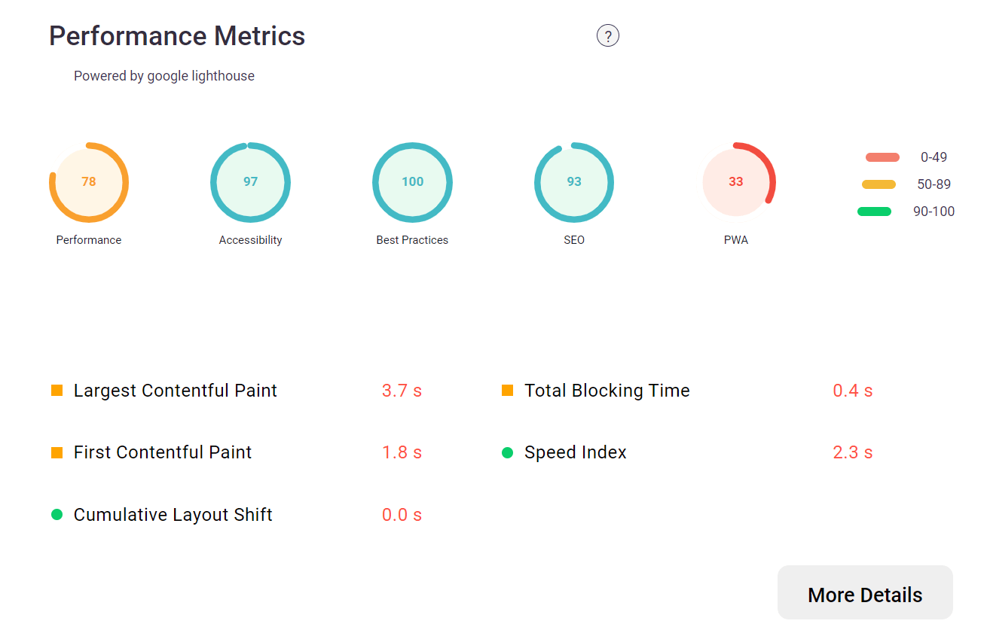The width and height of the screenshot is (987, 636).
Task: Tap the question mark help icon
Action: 608,36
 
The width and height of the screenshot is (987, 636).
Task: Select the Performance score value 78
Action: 89,181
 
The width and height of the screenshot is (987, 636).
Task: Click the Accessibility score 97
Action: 251,181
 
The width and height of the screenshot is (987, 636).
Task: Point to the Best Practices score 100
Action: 413,181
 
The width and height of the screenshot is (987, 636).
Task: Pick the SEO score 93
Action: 574,181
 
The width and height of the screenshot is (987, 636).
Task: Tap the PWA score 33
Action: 736,181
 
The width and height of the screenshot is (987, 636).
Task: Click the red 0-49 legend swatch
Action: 882,157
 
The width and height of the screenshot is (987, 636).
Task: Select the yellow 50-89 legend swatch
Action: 879,184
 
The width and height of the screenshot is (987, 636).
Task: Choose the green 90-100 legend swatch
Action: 875,211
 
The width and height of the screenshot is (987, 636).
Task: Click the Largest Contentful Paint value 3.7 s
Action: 402,391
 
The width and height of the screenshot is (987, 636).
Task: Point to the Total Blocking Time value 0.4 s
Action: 853,391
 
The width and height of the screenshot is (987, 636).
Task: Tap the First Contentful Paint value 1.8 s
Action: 402,452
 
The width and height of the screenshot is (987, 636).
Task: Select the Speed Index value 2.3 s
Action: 853,452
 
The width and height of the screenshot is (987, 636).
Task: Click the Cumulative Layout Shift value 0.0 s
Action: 402,515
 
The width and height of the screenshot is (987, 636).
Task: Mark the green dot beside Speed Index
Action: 508,452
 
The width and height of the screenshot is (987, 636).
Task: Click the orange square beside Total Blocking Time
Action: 508,391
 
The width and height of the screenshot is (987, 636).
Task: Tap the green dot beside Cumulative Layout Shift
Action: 57,515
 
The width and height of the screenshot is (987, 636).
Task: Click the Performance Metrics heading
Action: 177,36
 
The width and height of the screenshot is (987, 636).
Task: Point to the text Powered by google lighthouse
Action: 164,76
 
